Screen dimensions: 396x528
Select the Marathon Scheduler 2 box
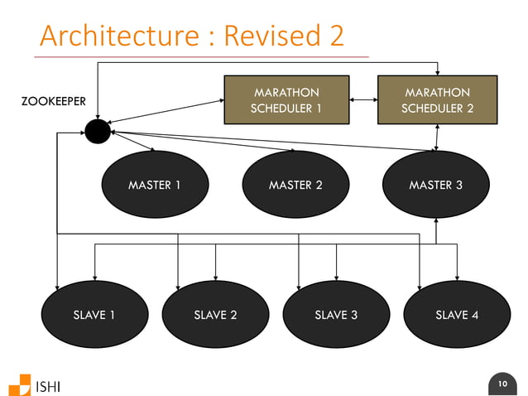tap(437, 101)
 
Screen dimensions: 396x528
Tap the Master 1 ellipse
tap(154, 185)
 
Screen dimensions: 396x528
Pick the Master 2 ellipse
tap(295, 185)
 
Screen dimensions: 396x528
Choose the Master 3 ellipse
tap(436, 185)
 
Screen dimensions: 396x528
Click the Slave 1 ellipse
tap(94, 315)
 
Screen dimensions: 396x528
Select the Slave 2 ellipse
tap(215, 315)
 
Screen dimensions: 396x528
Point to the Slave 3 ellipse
tap(336, 315)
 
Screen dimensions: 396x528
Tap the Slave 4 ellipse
tap(457, 315)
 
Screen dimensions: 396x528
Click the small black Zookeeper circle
tap(98, 131)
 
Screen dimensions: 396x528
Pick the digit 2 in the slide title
tap(334, 36)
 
